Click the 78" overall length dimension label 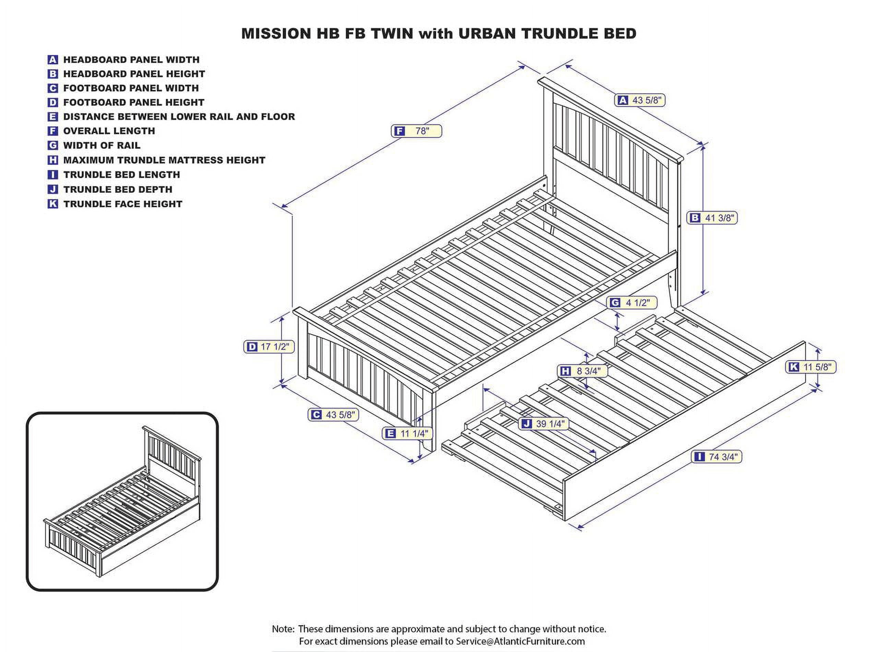pos(416,131)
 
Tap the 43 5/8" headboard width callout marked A pos(640,100)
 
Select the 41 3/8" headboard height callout pos(712,218)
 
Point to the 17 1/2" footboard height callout pos(269,347)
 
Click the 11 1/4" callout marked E pos(407,433)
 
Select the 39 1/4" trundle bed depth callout pos(545,424)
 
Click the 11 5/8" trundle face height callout pos(811,367)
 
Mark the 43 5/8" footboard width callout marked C pos(333,415)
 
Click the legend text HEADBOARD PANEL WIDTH pos(131,60)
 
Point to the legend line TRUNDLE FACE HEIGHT pos(123,204)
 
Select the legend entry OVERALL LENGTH pos(109,131)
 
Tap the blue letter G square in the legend pos(53,145)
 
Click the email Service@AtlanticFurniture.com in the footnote pos(520,641)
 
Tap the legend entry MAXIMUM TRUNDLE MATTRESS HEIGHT pos(164,160)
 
